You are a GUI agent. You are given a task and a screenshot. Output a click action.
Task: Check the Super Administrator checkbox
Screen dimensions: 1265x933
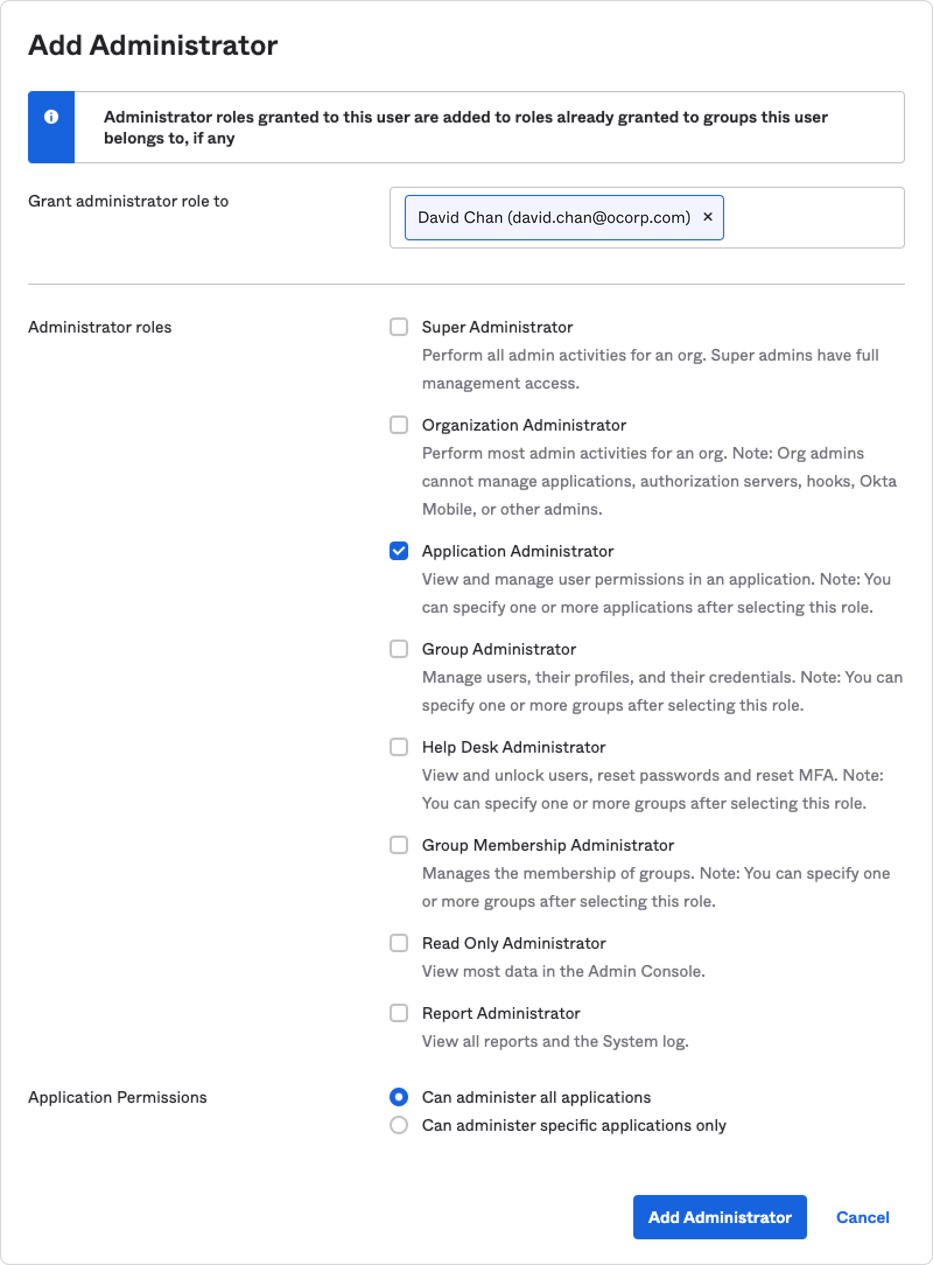tap(399, 327)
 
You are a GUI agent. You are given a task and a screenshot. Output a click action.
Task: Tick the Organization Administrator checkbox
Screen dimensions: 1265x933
tap(399, 425)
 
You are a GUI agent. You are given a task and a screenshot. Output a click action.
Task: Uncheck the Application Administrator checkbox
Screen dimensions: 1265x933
tap(399, 551)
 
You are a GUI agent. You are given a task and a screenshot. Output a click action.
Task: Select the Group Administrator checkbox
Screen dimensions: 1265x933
tap(399, 649)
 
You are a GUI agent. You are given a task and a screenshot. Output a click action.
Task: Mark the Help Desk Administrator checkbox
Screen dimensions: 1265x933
tap(399, 747)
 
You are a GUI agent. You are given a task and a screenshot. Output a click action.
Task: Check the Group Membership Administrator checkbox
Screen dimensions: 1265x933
tap(399, 845)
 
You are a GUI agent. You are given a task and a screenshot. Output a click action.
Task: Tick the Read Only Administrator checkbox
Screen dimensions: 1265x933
tap(399, 943)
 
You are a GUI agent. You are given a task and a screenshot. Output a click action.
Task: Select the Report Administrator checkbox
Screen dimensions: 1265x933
tap(399, 1013)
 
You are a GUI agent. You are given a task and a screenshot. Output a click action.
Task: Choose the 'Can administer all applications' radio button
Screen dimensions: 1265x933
tap(399, 1097)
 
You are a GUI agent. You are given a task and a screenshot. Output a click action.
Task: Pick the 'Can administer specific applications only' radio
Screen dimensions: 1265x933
tap(399, 1125)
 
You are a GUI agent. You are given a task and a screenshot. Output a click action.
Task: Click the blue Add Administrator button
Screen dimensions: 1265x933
tap(720, 1217)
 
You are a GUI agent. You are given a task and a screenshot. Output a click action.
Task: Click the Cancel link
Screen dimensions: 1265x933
tap(862, 1217)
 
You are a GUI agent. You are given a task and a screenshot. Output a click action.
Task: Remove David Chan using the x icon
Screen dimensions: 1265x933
tap(708, 216)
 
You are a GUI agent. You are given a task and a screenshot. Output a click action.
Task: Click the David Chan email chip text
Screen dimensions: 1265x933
tap(553, 218)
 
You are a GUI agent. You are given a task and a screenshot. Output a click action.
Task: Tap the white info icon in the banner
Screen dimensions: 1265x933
tap(51, 117)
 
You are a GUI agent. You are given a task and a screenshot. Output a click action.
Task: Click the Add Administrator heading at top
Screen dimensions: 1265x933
tap(153, 46)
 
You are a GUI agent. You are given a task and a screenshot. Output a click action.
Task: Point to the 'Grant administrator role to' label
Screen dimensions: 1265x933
tap(128, 201)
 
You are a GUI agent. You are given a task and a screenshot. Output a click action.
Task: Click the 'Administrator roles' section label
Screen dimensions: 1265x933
tap(100, 327)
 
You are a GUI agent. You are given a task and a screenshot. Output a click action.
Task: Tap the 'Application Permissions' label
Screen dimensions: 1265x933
tap(117, 1098)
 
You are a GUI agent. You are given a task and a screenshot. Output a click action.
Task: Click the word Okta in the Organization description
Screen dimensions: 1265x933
tap(878, 481)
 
